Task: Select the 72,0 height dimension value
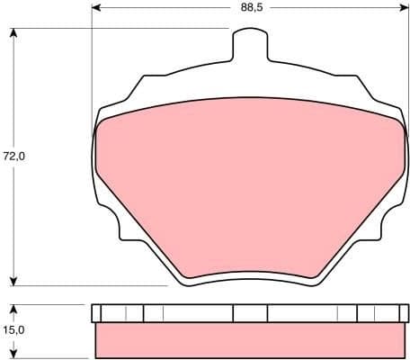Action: click(13, 156)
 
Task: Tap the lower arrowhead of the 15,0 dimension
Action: click(13, 354)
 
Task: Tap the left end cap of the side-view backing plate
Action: click(96, 313)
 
